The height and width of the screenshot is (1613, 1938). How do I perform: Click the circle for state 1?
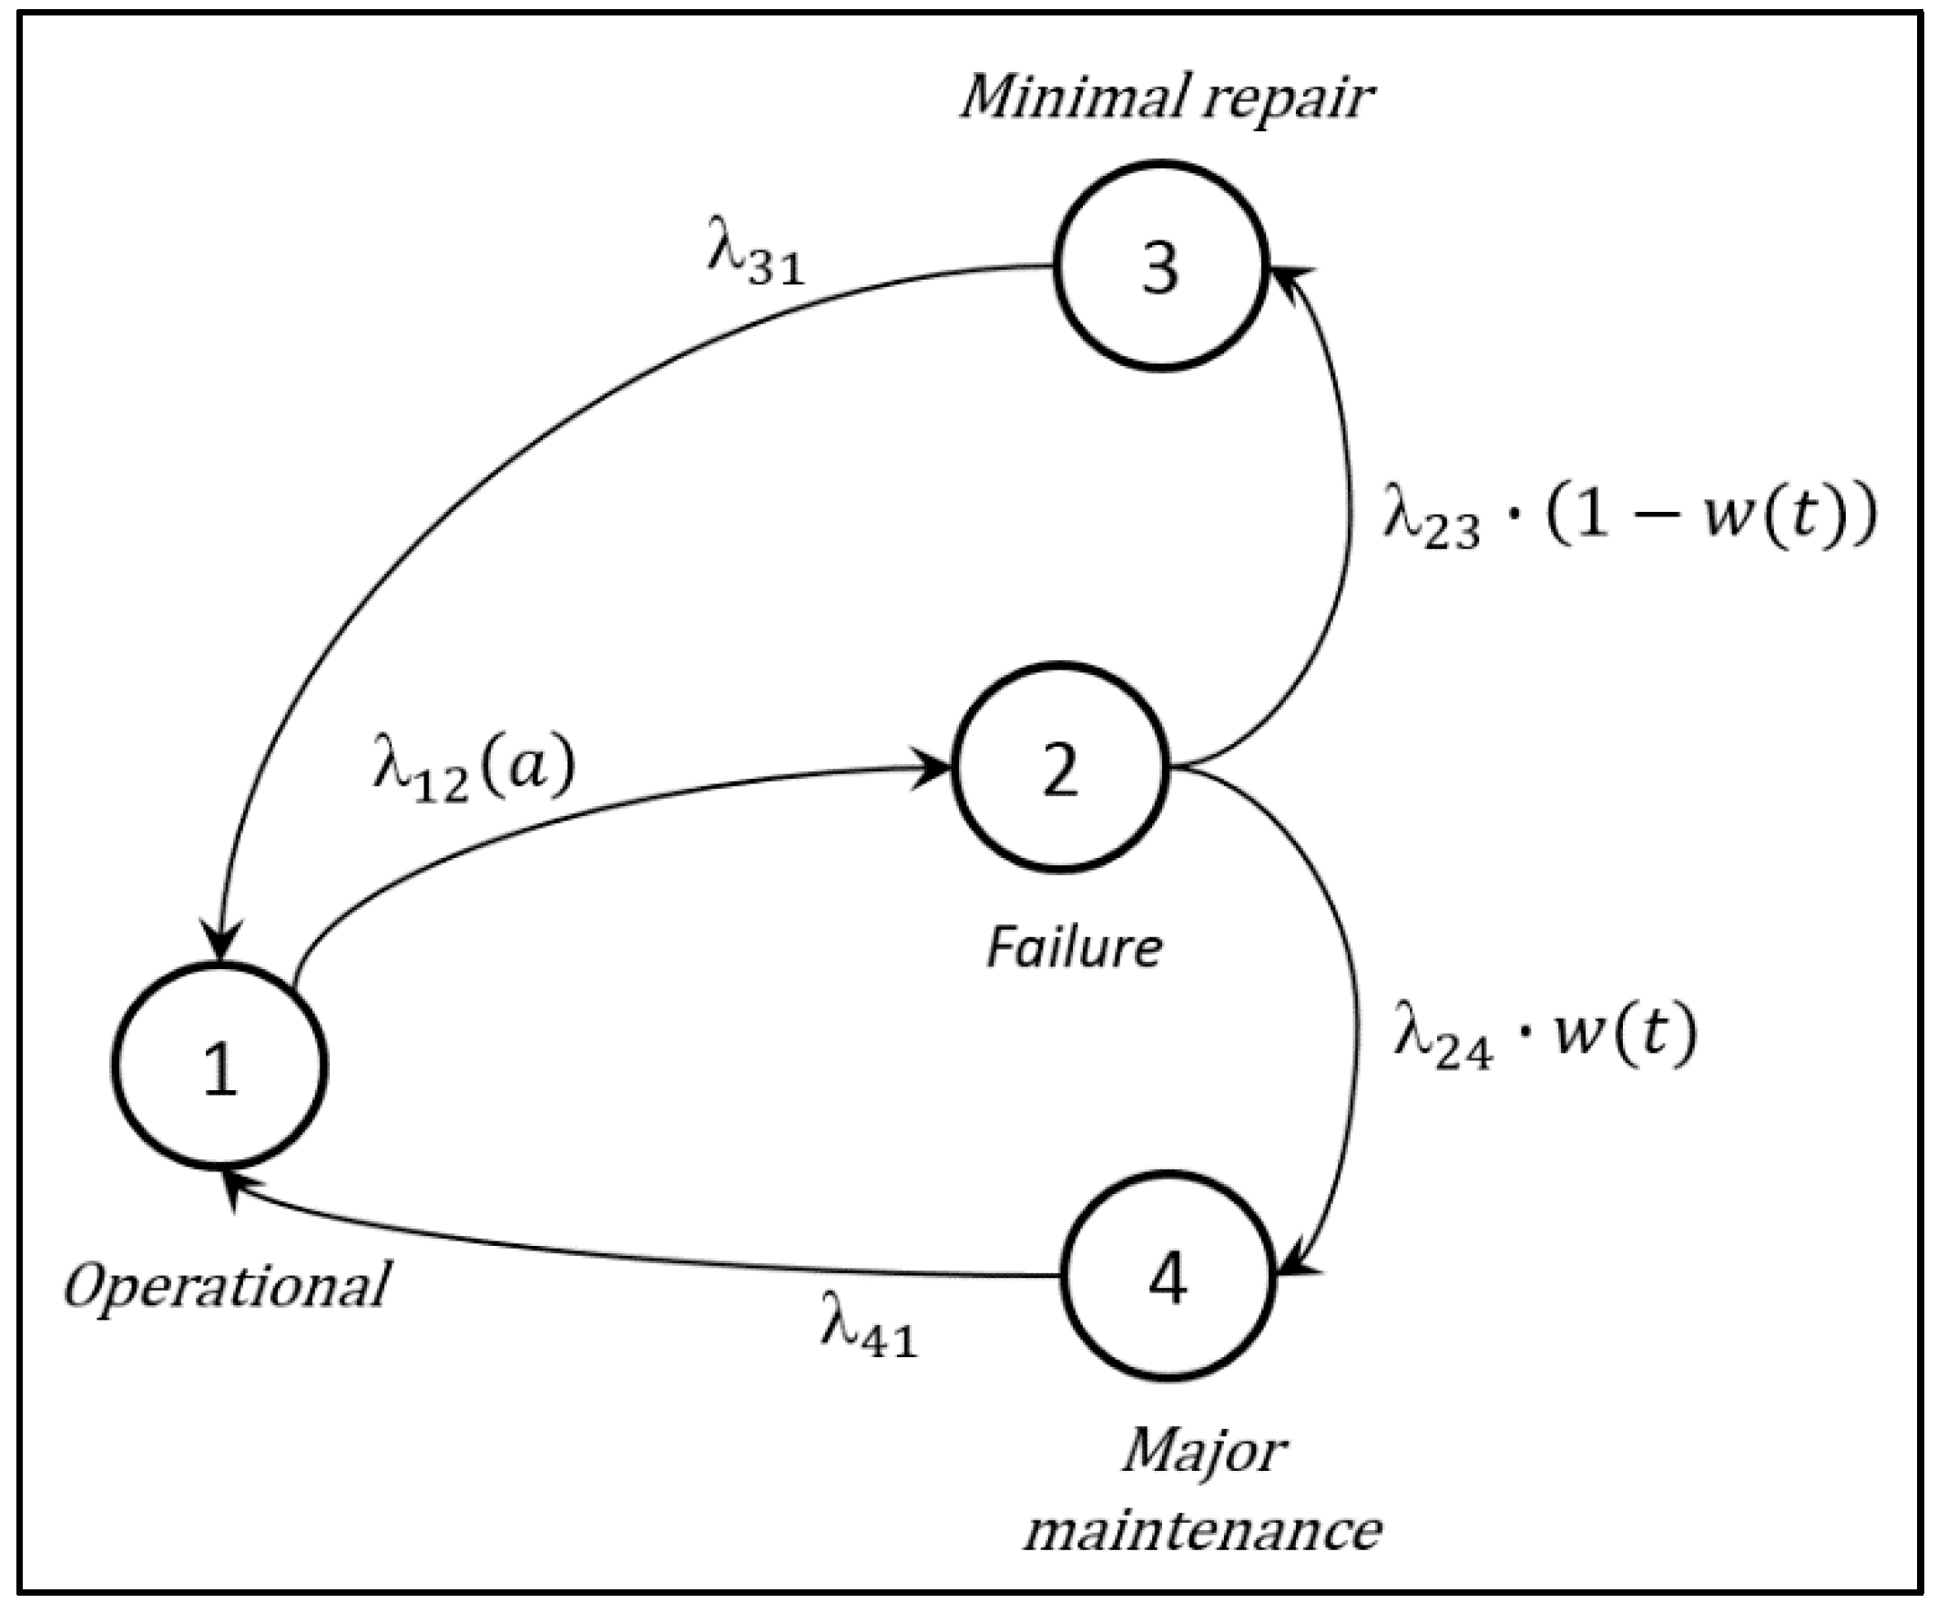[x=219, y=1066]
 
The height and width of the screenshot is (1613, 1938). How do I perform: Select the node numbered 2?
[x=1060, y=767]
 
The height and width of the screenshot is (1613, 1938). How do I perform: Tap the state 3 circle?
[x=1161, y=266]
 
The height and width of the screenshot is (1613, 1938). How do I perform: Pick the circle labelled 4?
[x=1168, y=1276]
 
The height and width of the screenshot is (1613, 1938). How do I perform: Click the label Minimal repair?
[x=1167, y=97]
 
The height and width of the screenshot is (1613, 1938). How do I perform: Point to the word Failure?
[x=1075, y=948]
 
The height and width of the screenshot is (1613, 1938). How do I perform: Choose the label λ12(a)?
[x=474, y=771]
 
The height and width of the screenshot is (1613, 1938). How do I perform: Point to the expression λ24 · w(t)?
[x=1545, y=1038]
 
